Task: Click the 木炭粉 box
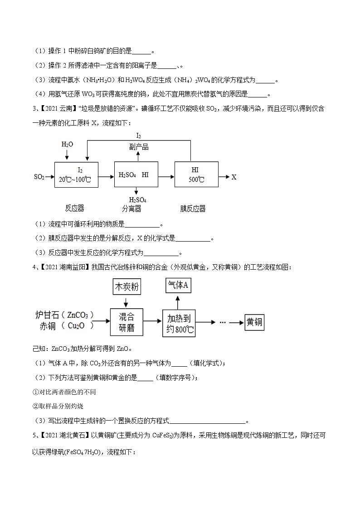126,288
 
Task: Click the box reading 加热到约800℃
179,322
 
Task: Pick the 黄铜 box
253,322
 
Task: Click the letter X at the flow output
234,177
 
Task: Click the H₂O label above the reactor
67,144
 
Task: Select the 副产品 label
139,147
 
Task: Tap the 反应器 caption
74,208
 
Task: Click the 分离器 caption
131,208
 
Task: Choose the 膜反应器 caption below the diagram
193,208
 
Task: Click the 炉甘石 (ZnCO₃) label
65,315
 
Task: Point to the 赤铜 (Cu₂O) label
65,326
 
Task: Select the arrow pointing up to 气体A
178,302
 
